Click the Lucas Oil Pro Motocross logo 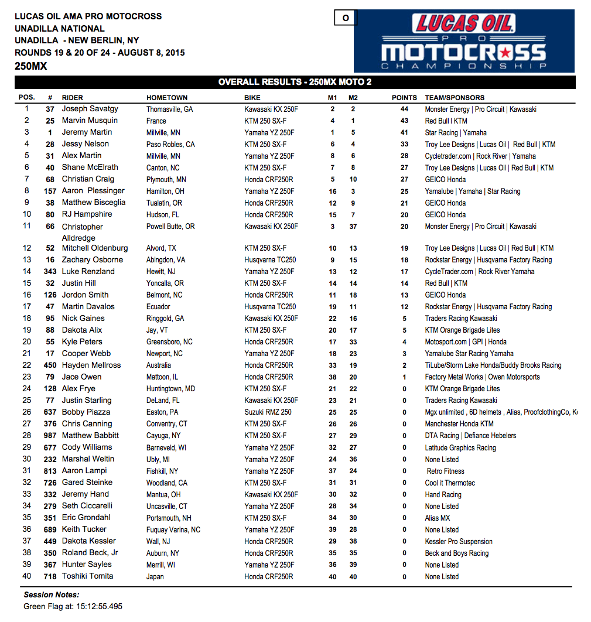pyautogui.click(x=464, y=41)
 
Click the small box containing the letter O pyautogui.click(x=346, y=18)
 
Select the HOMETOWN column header pyautogui.click(x=167, y=98)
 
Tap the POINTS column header pyautogui.click(x=404, y=98)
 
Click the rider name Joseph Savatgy pyautogui.click(x=90, y=109)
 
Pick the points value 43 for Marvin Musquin pyautogui.click(x=404, y=121)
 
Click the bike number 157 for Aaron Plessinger pyautogui.click(x=50, y=191)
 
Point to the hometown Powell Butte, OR pyautogui.click(x=170, y=226)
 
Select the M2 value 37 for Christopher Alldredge pyautogui.click(x=353, y=226)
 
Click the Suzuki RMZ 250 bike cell pyautogui.click(x=268, y=412)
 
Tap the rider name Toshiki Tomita pyautogui.click(x=87, y=576)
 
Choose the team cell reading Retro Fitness pyautogui.click(x=445, y=471)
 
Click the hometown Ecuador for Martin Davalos pyautogui.click(x=158, y=306)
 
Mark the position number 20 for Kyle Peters pyautogui.click(x=27, y=341)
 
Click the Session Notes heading pyautogui.click(x=51, y=594)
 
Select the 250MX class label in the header pyautogui.click(x=30, y=66)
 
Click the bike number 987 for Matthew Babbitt pyautogui.click(x=50, y=435)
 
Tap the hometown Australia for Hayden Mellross pyautogui.click(x=159, y=365)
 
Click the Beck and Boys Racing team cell pyautogui.click(x=456, y=553)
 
